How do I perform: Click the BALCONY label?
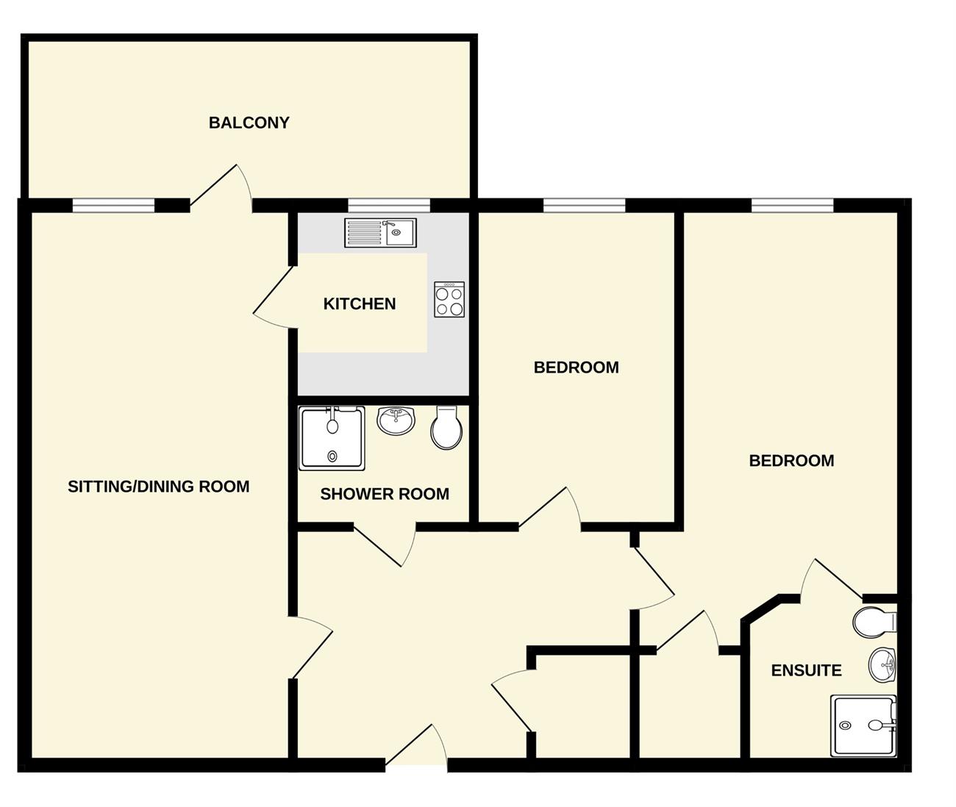[249, 123]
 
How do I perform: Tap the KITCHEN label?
[360, 304]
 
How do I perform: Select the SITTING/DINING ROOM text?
[158, 486]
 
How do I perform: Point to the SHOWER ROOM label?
[385, 494]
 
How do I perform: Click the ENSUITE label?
[806, 670]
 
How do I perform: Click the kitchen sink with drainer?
[380, 232]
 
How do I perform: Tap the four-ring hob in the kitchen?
[449, 299]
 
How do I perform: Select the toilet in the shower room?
[446, 428]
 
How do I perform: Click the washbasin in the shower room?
[396, 420]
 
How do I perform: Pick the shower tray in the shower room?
[332, 439]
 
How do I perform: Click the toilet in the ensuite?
[874, 622]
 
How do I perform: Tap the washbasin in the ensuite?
[882, 665]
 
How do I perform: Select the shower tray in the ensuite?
[864, 726]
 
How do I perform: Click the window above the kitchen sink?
[389, 206]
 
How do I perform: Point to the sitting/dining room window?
[113, 206]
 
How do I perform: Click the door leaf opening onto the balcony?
[213, 185]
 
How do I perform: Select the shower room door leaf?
[378, 548]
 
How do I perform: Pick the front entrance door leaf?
[409, 745]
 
